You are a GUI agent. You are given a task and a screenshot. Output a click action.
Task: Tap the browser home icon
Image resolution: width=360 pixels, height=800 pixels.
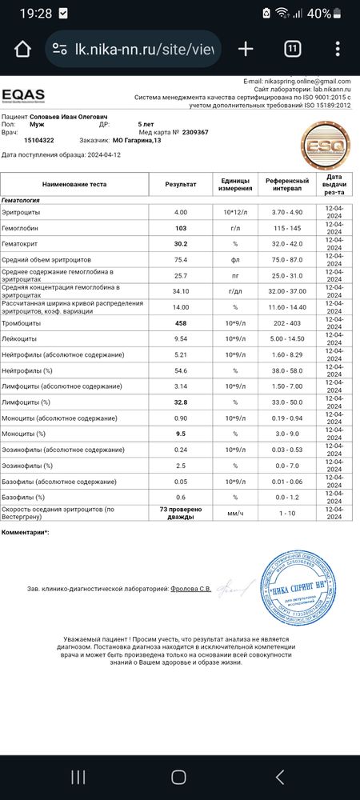tap(22, 49)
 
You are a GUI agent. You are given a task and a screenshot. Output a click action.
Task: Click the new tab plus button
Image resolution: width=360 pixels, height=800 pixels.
tap(246, 49)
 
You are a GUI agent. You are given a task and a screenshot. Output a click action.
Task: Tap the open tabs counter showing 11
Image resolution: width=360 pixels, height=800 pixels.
tap(293, 49)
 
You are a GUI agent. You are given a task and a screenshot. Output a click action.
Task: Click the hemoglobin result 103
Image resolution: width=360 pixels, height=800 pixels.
tap(181, 228)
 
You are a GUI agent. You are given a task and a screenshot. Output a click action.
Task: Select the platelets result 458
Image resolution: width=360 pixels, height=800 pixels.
tap(181, 322)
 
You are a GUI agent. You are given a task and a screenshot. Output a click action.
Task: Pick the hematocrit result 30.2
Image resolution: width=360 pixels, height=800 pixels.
tap(181, 244)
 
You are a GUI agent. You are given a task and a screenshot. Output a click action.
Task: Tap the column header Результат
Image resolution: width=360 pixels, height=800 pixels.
tap(181, 184)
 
